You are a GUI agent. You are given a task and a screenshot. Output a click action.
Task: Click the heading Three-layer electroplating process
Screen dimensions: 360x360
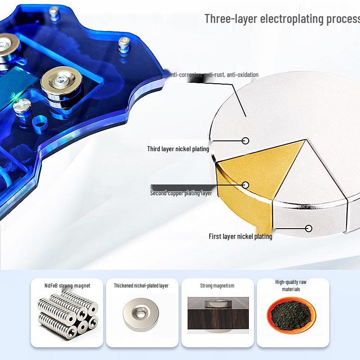pyautogui.click(x=282, y=19)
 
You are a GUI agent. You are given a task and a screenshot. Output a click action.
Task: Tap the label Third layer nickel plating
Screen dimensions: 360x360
pyautogui.click(x=178, y=149)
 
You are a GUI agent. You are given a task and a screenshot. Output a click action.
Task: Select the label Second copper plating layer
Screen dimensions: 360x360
pyautogui.click(x=181, y=193)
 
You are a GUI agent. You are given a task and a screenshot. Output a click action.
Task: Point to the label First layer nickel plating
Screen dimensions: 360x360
pyautogui.click(x=240, y=236)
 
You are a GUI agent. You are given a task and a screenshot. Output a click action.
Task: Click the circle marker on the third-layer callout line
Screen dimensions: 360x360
pyautogui.click(x=246, y=141)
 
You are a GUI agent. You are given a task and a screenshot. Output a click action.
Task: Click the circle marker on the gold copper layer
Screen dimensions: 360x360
pyautogui.click(x=246, y=185)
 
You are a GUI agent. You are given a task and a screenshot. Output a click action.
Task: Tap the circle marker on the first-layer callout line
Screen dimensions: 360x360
pyautogui.click(x=309, y=229)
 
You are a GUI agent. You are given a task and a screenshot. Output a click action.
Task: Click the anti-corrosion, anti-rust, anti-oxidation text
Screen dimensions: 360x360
pyautogui.click(x=213, y=75)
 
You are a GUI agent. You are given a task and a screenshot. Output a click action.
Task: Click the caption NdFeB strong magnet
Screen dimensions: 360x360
pyautogui.click(x=67, y=286)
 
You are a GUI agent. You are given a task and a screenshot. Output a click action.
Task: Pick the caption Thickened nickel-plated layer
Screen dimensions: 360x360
pyautogui.click(x=141, y=286)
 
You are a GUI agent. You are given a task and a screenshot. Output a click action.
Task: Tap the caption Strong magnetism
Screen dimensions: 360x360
pyautogui.click(x=217, y=286)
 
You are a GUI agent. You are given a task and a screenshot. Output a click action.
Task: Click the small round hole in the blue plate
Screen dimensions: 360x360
pyautogui.click(x=40, y=122)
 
